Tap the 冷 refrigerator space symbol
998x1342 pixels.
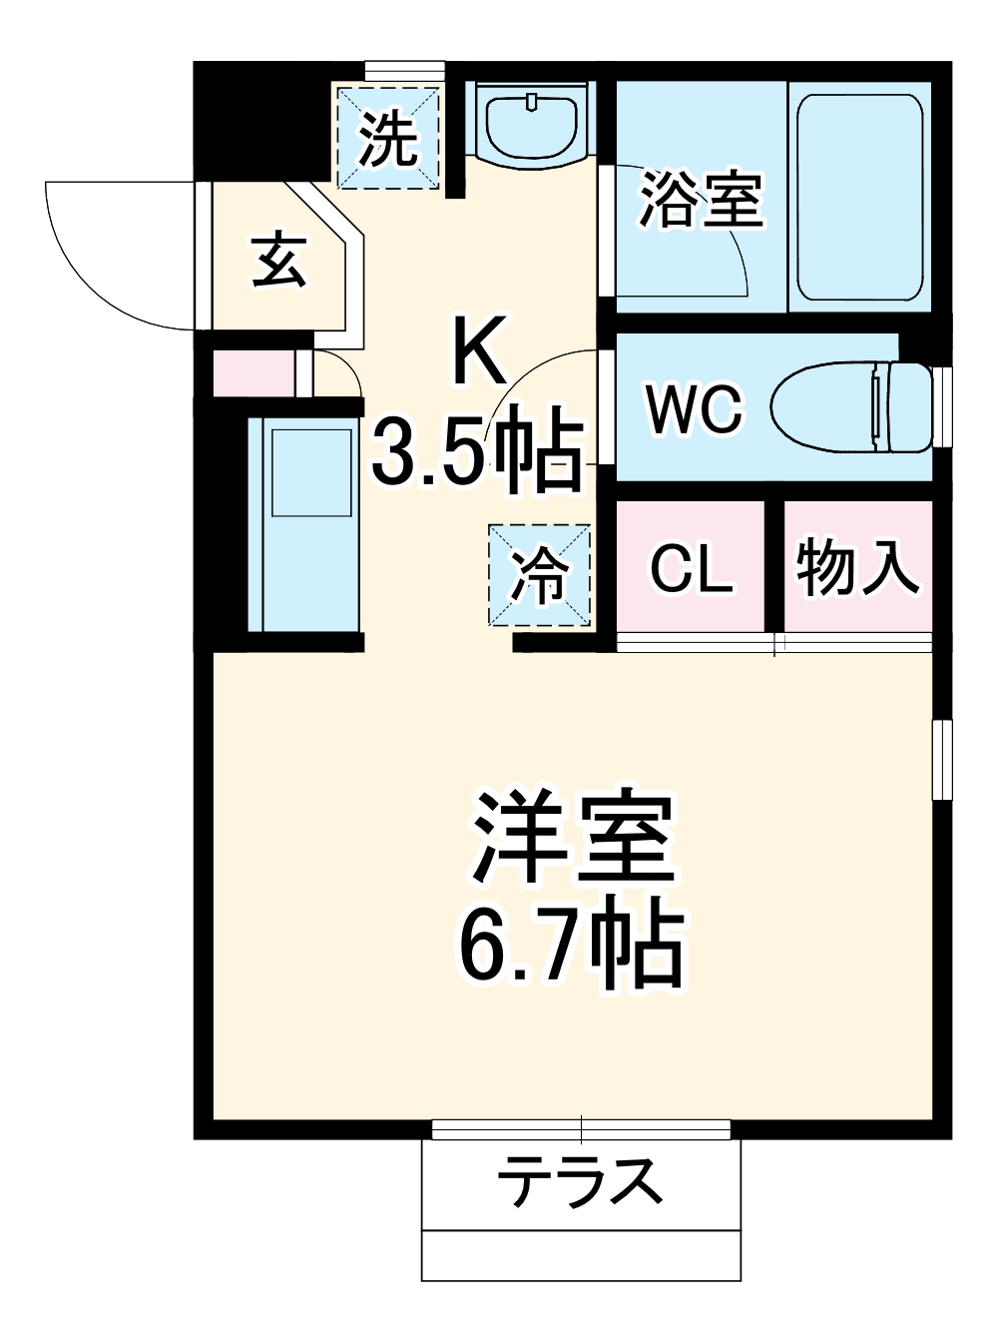tap(540, 576)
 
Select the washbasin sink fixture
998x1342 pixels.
tap(530, 123)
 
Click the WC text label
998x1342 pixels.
tap(694, 408)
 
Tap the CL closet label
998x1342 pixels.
tap(691, 569)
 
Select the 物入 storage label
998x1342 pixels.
tap(856, 567)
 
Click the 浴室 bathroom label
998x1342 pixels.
tap(701, 199)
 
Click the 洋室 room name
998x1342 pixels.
tap(575, 838)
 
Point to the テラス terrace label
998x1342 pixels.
tap(580, 1181)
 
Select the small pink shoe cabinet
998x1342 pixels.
tap(254, 373)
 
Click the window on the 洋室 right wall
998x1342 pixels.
tap(940, 758)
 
